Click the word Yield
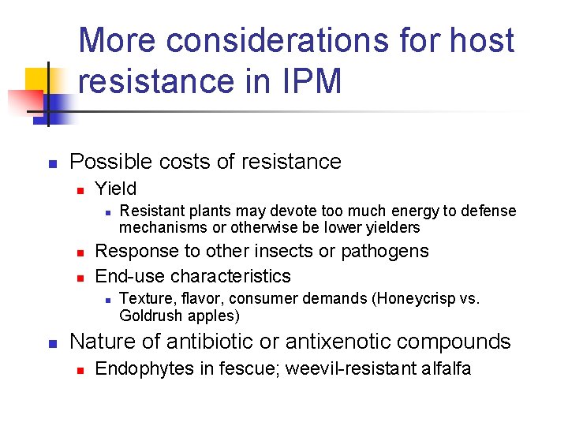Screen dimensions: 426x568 point(115,189)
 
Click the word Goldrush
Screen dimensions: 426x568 point(148,316)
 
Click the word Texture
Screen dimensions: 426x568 point(145,299)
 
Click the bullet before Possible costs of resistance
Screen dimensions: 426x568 point(50,164)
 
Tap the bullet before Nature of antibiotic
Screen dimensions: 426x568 point(50,343)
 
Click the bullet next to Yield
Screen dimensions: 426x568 point(79,190)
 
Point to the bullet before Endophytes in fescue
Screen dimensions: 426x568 point(79,370)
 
